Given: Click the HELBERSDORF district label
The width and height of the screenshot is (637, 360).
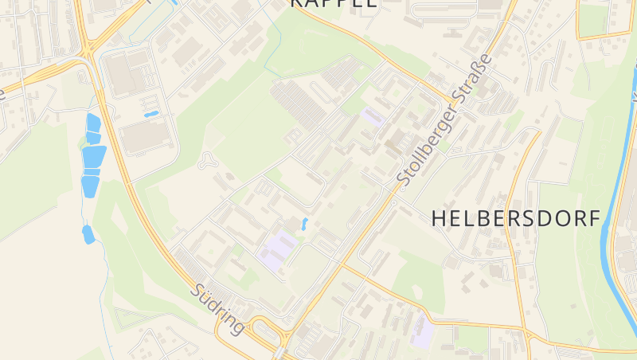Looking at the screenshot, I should tap(515, 219).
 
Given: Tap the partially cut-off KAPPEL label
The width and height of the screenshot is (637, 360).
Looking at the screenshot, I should tap(332, 3).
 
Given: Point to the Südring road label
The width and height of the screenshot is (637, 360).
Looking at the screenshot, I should tap(217, 310).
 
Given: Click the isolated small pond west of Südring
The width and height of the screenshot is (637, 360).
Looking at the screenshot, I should tap(88, 234).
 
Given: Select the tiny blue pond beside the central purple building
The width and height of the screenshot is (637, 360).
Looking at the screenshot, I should tap(304, 224).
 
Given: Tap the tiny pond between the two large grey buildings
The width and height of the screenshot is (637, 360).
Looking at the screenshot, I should tap(150, 115).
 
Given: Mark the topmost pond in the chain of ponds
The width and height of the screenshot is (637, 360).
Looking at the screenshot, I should tap(92, 123).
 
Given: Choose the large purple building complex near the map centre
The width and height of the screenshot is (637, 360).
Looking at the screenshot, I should tap(276, 248).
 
